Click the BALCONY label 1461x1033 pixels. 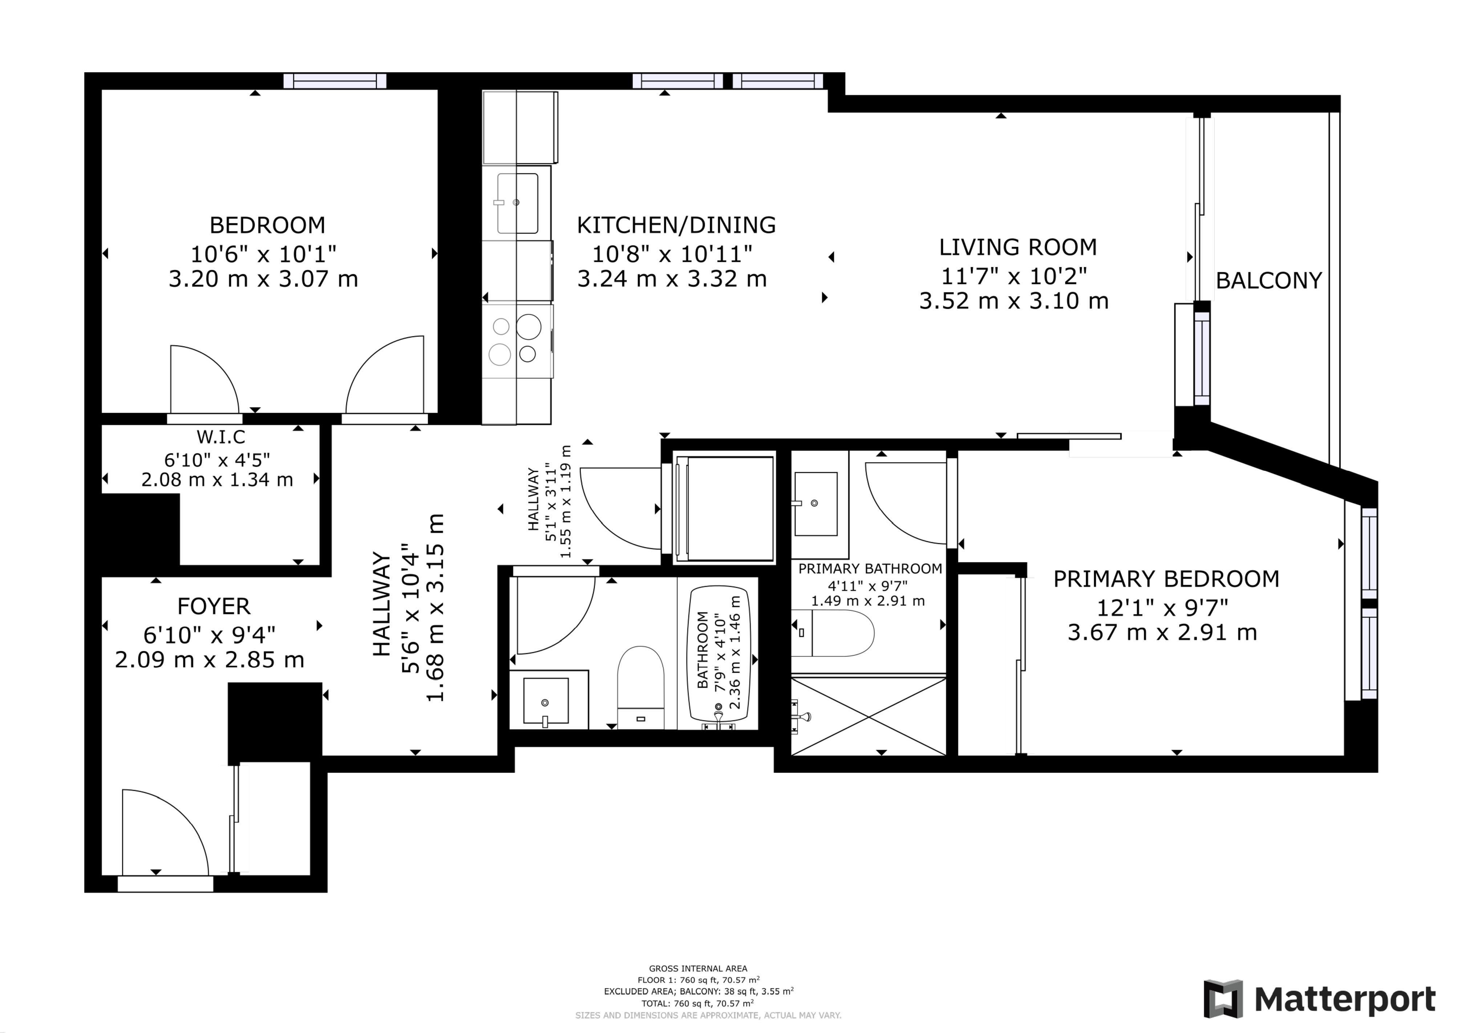coord(1269,280)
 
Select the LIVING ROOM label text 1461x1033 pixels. coord(1018,247)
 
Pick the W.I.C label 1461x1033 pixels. coord(221,437)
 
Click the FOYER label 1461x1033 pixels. coord(214,606)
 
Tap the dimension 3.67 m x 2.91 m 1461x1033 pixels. coord(1162,633)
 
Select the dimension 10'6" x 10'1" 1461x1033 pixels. coord(263,254)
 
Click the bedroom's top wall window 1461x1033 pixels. coord(335,81)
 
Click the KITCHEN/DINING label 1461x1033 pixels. coord(676,225)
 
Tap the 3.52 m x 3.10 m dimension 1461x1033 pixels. coord(1014,301)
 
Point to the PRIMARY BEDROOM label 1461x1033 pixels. coord(1166,579)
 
